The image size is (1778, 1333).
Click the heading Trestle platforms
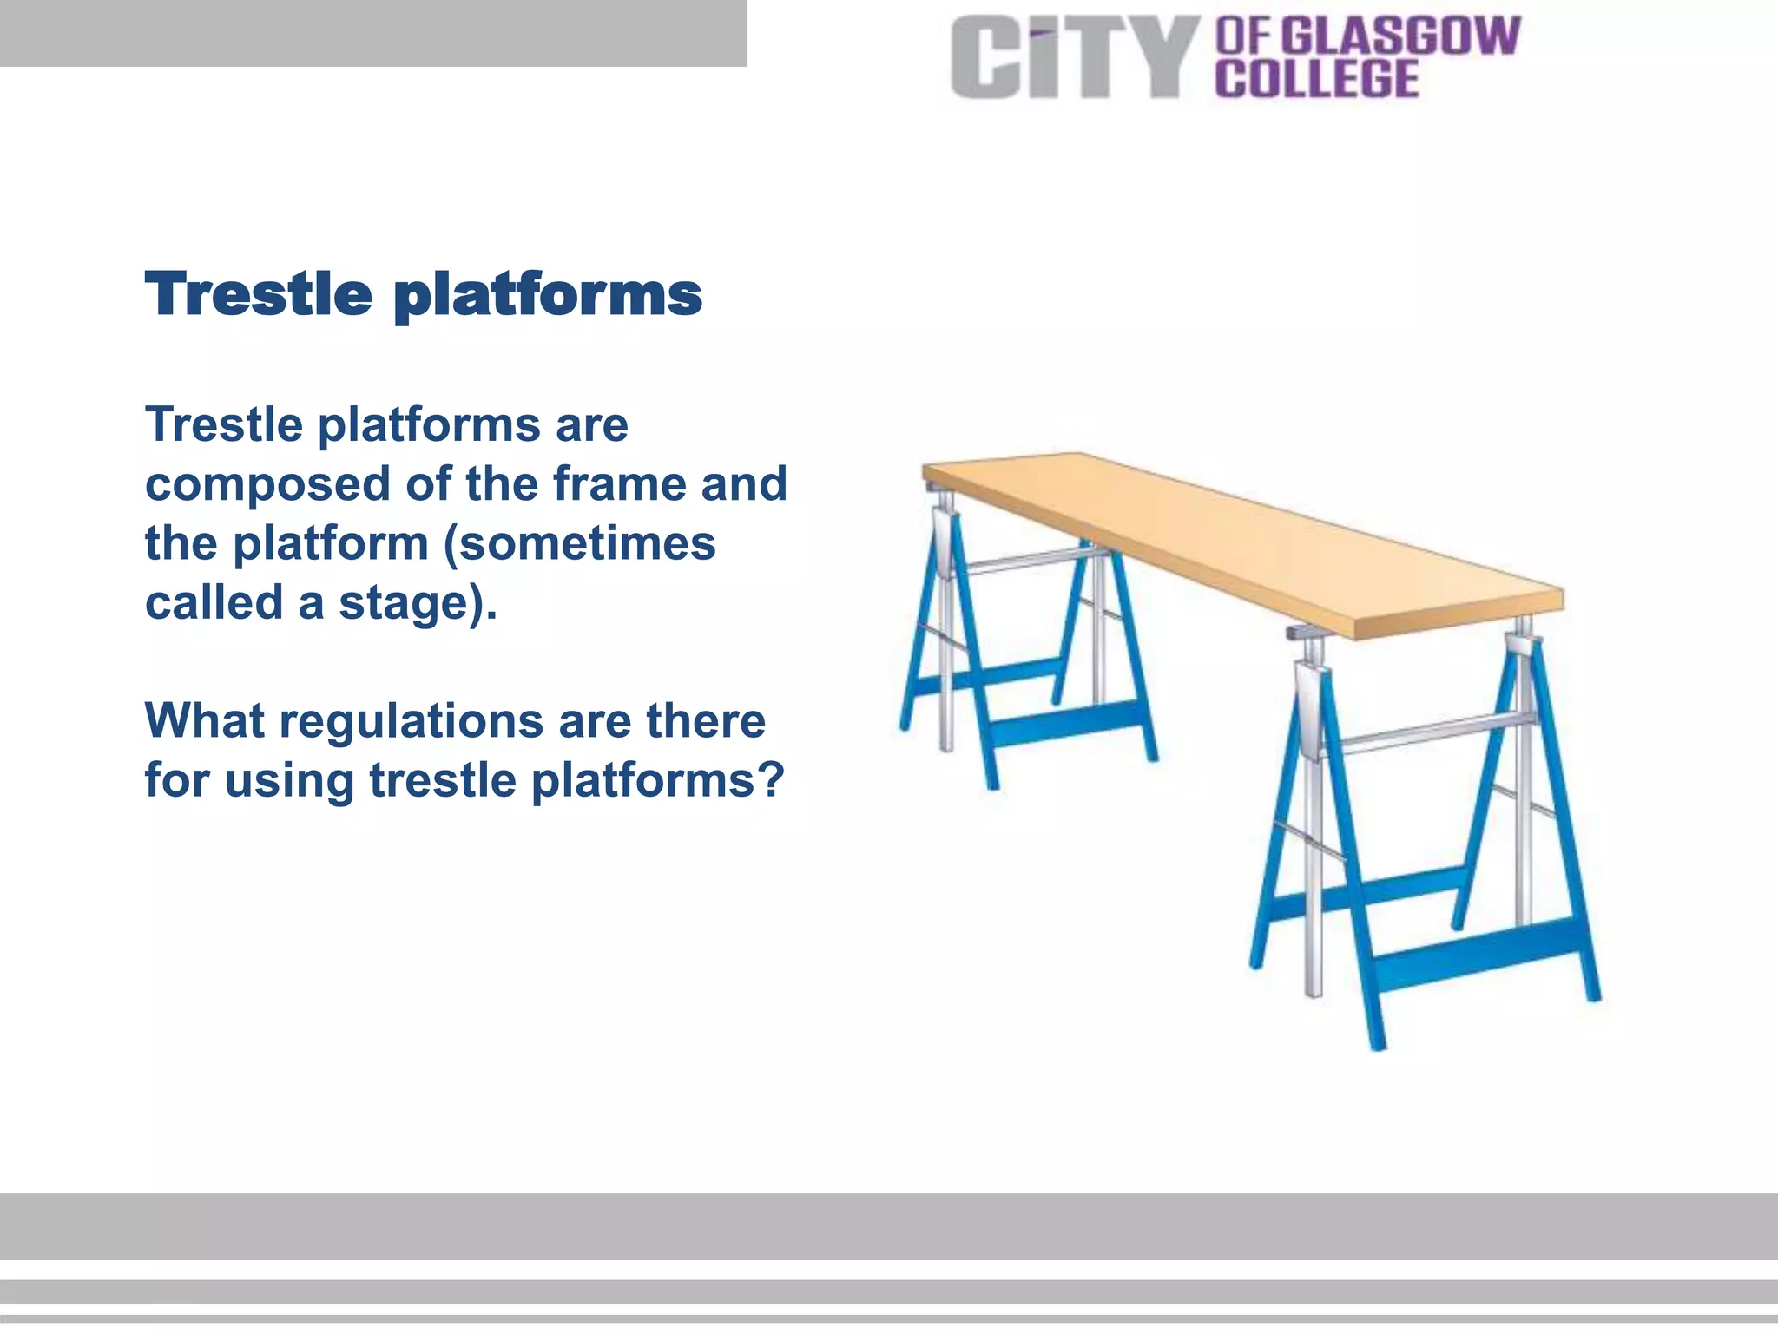(423, 294)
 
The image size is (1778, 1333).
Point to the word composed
(267, 485)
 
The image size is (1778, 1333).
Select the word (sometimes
(579, 544)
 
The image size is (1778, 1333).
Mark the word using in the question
(290, 781)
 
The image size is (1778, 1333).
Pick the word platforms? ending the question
(657, 781)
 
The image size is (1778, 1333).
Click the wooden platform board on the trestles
(1241, 539)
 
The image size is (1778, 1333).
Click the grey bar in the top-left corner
(372, 33)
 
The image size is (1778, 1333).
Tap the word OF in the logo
(1242, 36)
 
